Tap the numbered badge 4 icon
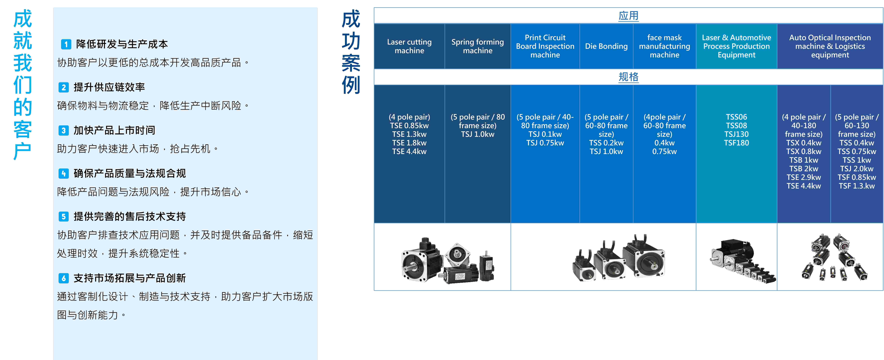pyautogui.click(x=63, y=174)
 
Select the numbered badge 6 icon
pyautogui.click(x=63, y=278)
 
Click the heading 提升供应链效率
pyautogui.click(x=109, y=87)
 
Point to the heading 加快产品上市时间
pyautogui.click(x=114, y=130)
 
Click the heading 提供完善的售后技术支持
pyautogui.click(x=130, y=217)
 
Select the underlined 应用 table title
pyautogui.click(x=628, y=16)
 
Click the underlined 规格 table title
pyautogui.click(x=628, y=77)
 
